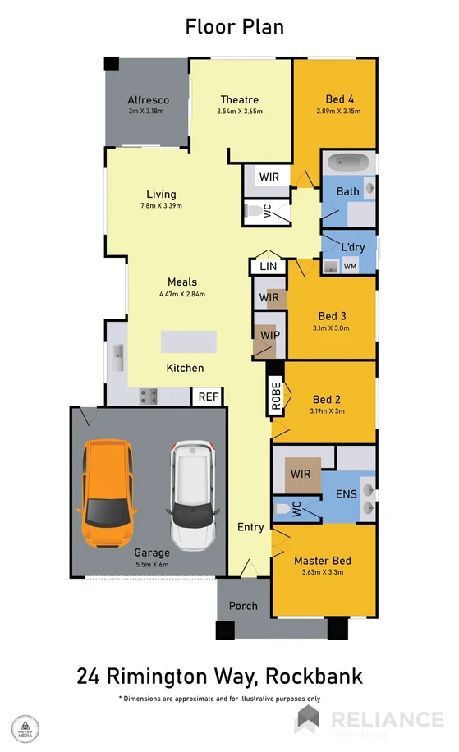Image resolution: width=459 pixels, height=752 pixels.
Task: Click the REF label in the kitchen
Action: pyautogui.click(x=208, y=397)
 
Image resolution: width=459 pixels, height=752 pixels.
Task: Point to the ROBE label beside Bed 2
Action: pyautogui.click(x=276, y=395)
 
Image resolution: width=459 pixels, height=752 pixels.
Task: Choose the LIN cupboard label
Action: pyautogui.click(x=268, y=267)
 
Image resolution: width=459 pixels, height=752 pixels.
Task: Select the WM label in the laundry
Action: pyautogui.click(x=350, y=266)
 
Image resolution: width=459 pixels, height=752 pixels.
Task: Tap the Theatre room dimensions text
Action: pyautogui.click(x=239, y=112)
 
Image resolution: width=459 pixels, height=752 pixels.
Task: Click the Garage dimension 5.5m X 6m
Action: pyautogui.click(x=153, y=565)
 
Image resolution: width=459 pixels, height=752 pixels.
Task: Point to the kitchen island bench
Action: pyautogui.click(x=189, y=341)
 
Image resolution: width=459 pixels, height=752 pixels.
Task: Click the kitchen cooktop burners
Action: pyautogui.click(x=149, y=397)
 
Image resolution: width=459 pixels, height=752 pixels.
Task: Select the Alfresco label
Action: pyautogui.click(x=148, y=100)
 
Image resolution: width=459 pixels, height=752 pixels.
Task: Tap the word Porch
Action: pyautogui.click(x=243, y=606)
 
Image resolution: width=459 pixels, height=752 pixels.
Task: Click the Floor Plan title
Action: pyautogui.click(x=234, y=26)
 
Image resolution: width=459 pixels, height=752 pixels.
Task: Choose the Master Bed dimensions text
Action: pyautogui.click(x=323, y=572)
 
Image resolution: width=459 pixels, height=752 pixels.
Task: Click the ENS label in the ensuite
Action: pyautogui.click(x=346, y=495)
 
